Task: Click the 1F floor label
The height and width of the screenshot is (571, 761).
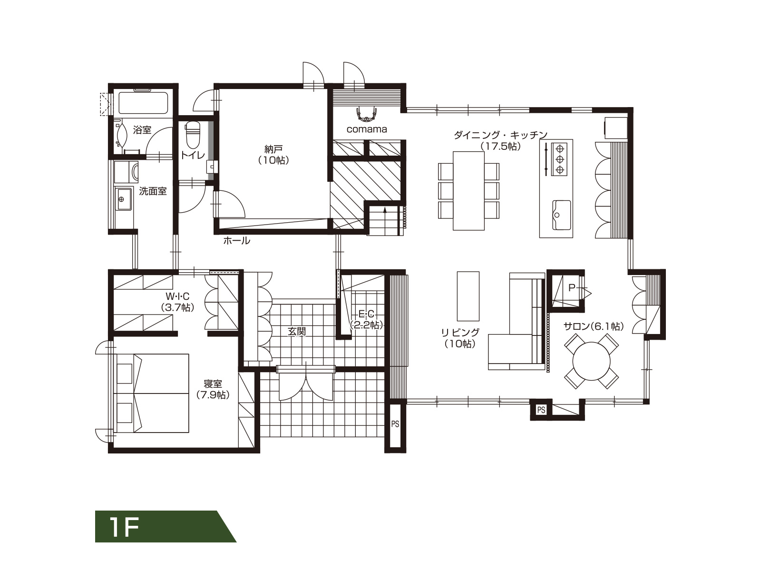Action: tap(124, 527)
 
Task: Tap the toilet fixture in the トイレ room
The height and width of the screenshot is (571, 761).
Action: tap(193, 135)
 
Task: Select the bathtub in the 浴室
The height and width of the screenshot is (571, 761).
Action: tap(144, 101)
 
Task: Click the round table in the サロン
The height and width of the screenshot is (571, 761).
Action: tap(591, 361)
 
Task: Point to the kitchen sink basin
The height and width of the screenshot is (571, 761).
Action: tap(561, 215)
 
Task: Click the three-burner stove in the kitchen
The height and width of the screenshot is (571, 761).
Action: tap(559, 159)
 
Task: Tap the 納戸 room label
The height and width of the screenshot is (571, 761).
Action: tap(273, 149)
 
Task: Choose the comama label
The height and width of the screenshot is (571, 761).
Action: tap(366, 129)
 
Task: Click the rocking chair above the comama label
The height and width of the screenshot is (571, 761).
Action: tap(366, 114)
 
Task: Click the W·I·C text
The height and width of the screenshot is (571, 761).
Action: tap(177, 296)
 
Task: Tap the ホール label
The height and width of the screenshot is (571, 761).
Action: tap(236, 241)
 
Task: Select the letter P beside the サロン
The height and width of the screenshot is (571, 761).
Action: tap(572, 287)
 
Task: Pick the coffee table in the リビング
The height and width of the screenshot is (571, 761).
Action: tap(468, 296)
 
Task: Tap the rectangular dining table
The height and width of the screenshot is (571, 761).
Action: tap(468, 191)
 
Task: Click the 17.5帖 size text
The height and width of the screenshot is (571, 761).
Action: tap(501, 146)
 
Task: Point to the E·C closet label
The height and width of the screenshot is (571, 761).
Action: tap(366, 314)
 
